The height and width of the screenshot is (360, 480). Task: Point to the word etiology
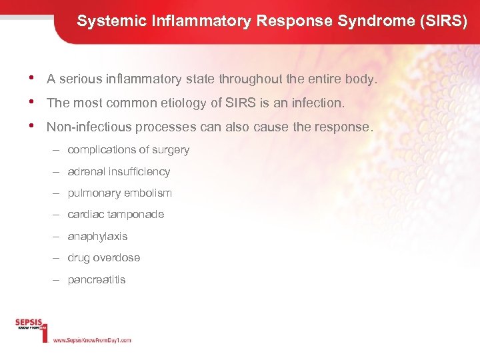coord(184,103)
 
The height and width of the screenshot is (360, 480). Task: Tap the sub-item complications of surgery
coord(128,150)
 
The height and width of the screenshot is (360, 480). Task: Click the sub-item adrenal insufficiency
coord(119,171)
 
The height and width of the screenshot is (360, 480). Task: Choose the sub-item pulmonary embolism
coord(119,193)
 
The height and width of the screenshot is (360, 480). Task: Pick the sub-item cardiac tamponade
coord(115,214)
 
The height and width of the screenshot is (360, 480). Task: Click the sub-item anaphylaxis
coord(97,236)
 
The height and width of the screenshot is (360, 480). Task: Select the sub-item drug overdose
coord(103,257)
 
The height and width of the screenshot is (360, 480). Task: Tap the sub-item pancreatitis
coord(96,279)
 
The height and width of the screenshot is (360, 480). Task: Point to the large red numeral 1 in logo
coord(45,331)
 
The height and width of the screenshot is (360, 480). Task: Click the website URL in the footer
coord(92,340)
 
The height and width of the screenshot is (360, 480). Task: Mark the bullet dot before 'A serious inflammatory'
coord(34,79)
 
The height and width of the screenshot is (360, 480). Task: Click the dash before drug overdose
coord(57,257)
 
